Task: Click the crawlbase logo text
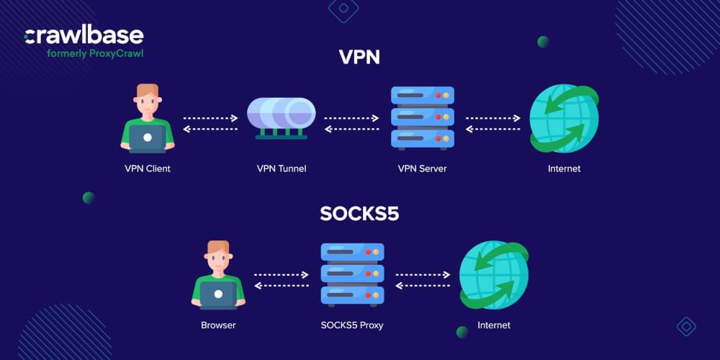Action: pos(84,35)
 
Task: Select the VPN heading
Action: pos(359,58)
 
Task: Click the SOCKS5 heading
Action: pos(359,214)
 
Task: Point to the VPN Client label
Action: pos(147,168)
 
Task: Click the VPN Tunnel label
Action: pos(282,168)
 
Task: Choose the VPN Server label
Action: pos(422,168)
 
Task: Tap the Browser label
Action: pos(218,325)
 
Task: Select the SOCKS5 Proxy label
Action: pos(351,325)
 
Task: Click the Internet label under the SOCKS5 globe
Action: pos(494,325)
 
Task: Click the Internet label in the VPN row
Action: pos(564,168)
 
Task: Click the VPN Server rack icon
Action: pos(422,117)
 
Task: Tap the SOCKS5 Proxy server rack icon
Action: pos(352,273)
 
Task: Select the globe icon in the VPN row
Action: pos(564,119)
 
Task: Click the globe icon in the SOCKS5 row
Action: pos(494,274)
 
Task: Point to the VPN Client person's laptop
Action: pos(147,138)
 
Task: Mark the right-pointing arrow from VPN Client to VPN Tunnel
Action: pos(210,118)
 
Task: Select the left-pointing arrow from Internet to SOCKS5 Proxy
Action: pos(423,285)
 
